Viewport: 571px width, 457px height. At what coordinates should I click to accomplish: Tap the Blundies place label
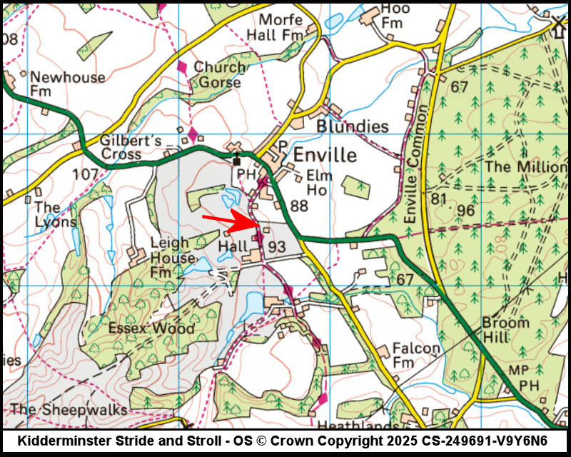[x=353, y=126]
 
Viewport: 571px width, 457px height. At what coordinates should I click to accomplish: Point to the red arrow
[x=228, y=221]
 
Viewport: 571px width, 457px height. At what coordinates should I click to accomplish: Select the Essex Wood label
[x=151, y=328]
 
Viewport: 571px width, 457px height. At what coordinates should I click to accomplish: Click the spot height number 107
[x=86, y=174]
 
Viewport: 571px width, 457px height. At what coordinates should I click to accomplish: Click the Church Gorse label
[x=219, y=75]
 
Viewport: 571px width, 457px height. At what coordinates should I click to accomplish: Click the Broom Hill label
[x=505, y=329]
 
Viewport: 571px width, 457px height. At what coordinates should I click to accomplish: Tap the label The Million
[x=525, y=166]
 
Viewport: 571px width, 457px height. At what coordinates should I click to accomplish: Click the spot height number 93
[x=277, y=247]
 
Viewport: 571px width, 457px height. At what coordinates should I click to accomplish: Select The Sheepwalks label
[x=69, y=409]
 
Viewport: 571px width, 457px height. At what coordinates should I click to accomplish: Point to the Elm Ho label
[x=319, y=183]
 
